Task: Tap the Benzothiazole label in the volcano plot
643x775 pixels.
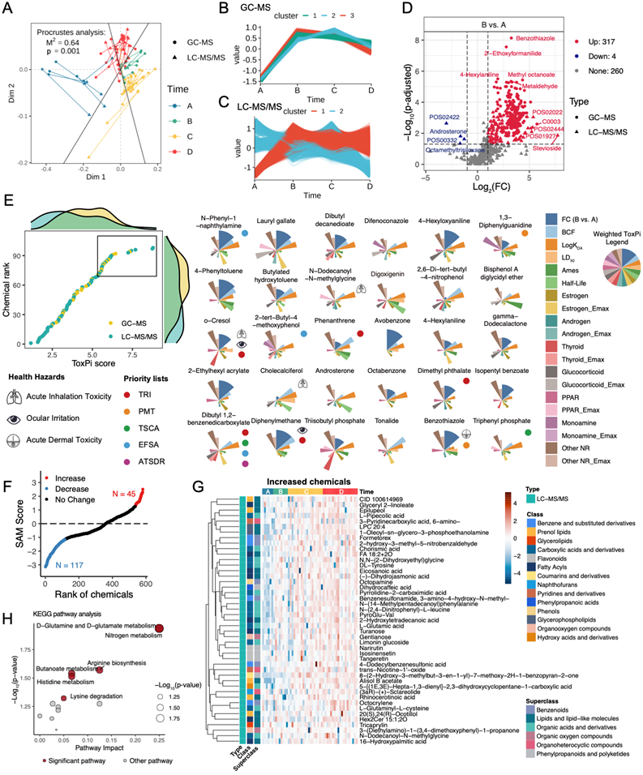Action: pyautogui.click(x=533, y=38)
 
